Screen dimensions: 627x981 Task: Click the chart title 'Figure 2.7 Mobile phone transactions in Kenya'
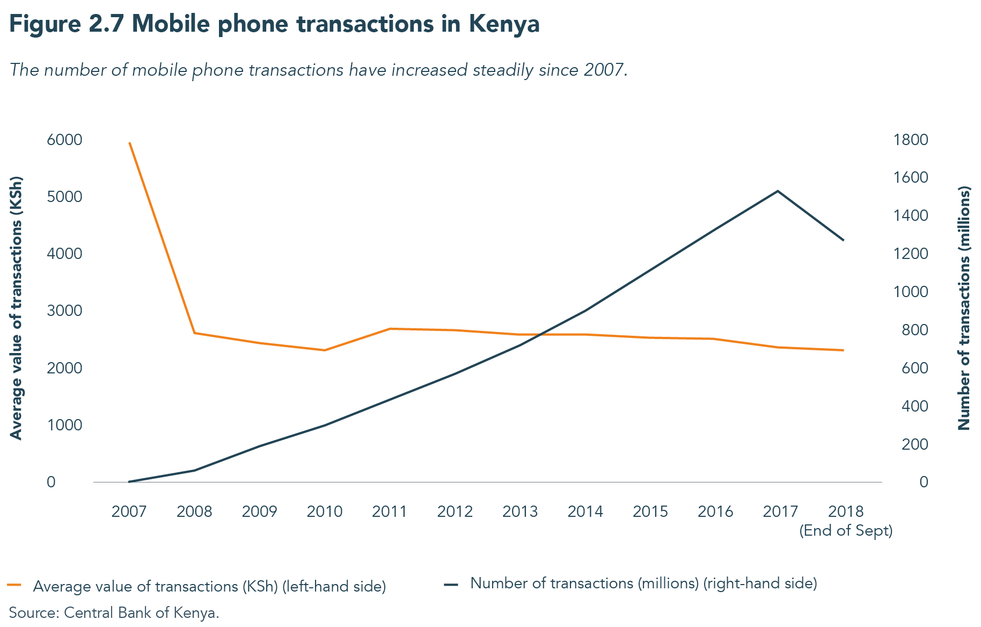274,25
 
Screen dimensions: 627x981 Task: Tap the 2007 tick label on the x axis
129,511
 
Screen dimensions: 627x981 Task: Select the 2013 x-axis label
519,511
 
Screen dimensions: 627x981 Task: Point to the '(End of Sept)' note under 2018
846,531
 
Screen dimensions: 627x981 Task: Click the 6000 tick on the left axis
64,140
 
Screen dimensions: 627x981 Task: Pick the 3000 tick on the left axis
64,311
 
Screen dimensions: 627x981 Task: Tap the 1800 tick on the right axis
910,140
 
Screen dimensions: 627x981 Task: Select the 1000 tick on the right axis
910,292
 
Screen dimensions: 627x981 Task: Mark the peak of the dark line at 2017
778,191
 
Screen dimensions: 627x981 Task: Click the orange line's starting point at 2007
129,143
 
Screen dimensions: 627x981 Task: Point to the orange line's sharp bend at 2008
194,333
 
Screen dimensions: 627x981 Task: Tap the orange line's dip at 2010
325,350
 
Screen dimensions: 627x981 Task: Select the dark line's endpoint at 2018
844,240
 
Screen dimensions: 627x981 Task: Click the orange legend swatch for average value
14,585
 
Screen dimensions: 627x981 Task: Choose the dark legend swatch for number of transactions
451,584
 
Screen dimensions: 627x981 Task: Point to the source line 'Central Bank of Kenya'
114,613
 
